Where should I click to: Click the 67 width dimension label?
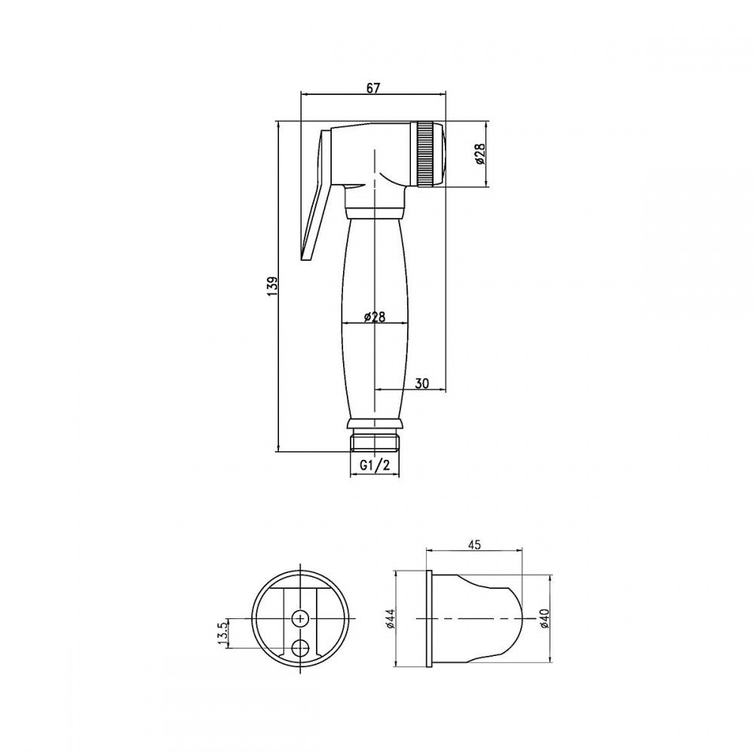[x=373, y=88]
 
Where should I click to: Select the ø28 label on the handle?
[x=375, y=317]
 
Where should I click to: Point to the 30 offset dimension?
[x=421, y=383]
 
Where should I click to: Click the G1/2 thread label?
[x=375, y=465]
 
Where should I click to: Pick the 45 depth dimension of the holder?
[x=474, y=544]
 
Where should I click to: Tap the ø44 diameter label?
[x=390, y=618]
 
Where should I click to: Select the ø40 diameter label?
[x=544, y=618]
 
